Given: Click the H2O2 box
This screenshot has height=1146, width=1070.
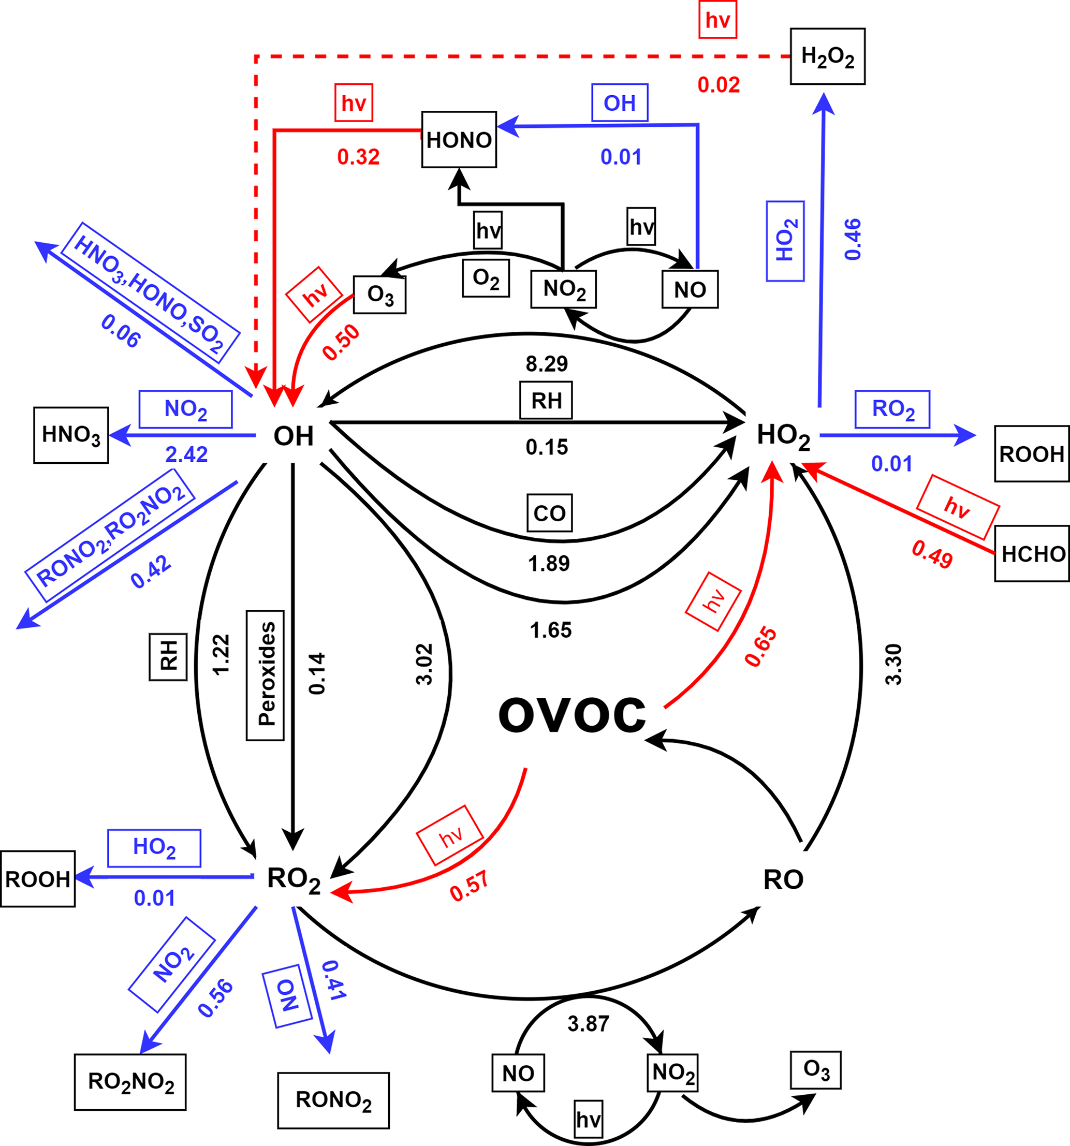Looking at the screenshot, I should pyautogui.click(x=827, y=56).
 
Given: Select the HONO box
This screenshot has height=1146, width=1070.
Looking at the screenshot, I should pyautogui.click(x=459, y=140).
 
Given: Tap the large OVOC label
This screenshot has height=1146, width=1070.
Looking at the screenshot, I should pyautogui.click(x=572, y=715).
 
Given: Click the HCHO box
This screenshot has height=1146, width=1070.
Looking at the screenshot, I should pyautogui.click(x=1032, y=553).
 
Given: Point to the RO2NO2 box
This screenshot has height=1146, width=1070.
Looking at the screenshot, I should pyautogui.click(x=130, y=1082).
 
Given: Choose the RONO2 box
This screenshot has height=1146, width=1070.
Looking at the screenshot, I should pyautogui.click(x=333, y=1100).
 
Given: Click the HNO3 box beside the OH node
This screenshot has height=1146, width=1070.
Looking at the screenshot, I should pyautogui.click(x=71, y=435).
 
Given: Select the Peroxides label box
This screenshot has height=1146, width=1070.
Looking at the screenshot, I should pyautogui.click(x=265, y=675).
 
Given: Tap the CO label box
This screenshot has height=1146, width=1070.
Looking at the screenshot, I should pyautogui.click(x=549, y=512).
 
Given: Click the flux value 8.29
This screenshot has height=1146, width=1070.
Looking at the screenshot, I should pyautogui.click(x=547, y=364).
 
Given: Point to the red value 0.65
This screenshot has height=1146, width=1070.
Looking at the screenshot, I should pyautogui.click(x=760, y=647).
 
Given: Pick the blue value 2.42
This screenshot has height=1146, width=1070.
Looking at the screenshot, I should pyautogui.click(x=186, y=455).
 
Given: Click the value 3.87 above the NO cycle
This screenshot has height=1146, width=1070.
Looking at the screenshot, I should pyautogui.click(x=588, y=1024).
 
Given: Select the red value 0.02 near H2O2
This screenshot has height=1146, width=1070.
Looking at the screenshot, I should pyautogui.click(x=719, y=85).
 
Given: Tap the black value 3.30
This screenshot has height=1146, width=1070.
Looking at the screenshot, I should pyautogui.click(x=893, y=664).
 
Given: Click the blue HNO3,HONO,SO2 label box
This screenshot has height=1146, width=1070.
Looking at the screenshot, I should pyautogui.click(x=150, y=292).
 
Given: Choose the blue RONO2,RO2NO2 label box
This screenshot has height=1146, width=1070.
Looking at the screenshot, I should pyautogui.click(x=110, y=535).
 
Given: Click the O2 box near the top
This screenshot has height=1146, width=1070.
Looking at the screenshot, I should pyautogui.click(x=486, y=278).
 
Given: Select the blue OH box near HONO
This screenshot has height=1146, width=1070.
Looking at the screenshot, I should pyautogui.click(x=620, y=102).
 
